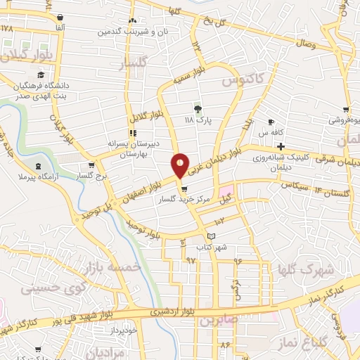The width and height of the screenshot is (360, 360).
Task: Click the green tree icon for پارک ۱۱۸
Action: pyautogui.click(x=198, y=109)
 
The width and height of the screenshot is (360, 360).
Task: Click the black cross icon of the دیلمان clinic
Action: pyautogui.click(x=281, y=146)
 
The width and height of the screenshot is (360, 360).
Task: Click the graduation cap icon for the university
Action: pyautogui.click(x=41, y=74)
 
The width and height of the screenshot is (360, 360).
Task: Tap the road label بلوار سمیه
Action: pyautogui.click(x=193, y=75)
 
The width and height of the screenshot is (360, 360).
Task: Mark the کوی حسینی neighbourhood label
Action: pyautogui.click(x=46, y=287)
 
